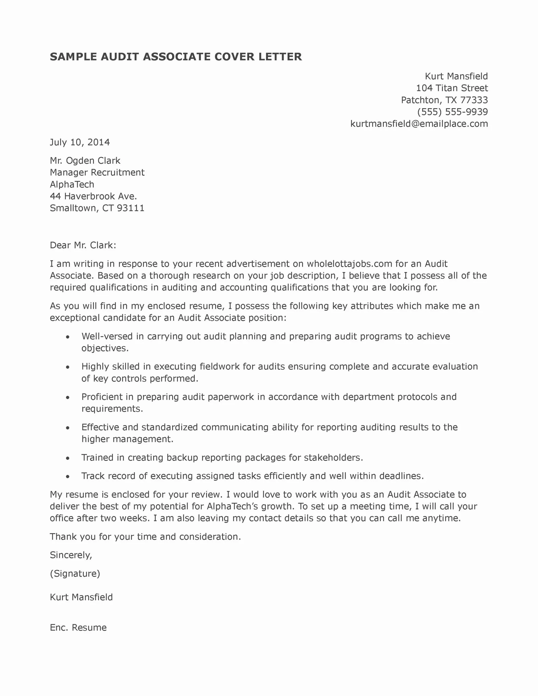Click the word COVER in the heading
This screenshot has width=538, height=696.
pyautogui.click(x=234, y=57)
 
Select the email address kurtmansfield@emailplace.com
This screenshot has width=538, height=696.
pyautogui.click(x=419, y=124)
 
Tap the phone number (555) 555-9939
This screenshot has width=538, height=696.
pyautogui.click(x=453, y=112)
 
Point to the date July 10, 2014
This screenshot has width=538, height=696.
pyautogui.click(x=80, y=142)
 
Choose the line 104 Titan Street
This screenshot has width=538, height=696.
pyautogui.click(x=452, y=88)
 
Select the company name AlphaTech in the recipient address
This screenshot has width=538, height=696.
pyautogui.click(x=72, y=184)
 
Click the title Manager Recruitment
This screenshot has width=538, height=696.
pyautogui.click(x=97, y=172)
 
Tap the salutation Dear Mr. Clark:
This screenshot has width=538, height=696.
pyautogui.click(x=83, y=245)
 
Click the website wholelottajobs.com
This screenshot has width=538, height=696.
pyautogui.click(x=349, y=264)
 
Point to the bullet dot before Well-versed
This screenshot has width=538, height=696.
pyautogui.click(x=68, y=337)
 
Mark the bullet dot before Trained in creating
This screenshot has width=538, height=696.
pyautogui.click(x=68, y=458)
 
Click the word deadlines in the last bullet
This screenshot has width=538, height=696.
pyautogui.click(x=401, y=476)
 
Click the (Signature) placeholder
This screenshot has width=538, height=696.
pyautogui.click(x=75, y=574)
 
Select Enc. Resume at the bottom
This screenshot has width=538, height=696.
pyautogui.click(x=78, y=627)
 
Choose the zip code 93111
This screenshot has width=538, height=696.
pyautogui.click(x=131, y=208)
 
